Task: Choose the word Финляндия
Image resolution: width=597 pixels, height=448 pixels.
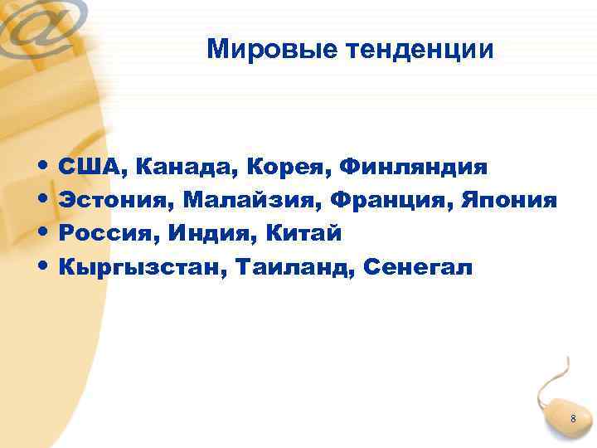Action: [413, 168]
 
